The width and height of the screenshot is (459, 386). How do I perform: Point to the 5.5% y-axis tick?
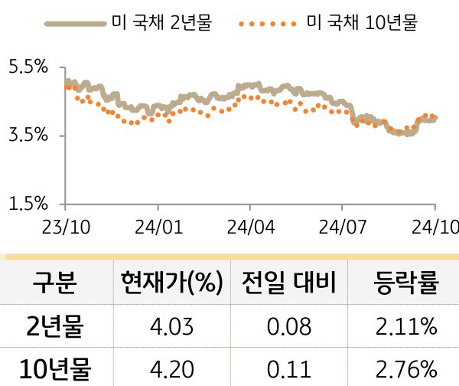click(28, 67)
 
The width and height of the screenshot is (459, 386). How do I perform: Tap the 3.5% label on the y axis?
click(28, 136)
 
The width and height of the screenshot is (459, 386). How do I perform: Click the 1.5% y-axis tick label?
click(28, 204)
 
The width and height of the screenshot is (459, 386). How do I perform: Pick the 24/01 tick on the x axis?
click(158, 227)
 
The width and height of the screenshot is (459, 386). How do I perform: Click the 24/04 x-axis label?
click(250, 227)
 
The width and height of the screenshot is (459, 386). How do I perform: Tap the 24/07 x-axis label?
click(341, 227)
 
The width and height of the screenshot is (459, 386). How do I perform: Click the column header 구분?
click(54, 285)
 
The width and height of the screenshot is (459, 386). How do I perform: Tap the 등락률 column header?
click(405, 285)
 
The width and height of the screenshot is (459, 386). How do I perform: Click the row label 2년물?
click(54, 328)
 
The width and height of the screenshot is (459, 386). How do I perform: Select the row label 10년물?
click(54, 369)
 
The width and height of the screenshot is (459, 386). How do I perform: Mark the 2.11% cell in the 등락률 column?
click(406, 329)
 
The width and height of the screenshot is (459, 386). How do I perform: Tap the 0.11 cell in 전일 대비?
click(289, 370)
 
